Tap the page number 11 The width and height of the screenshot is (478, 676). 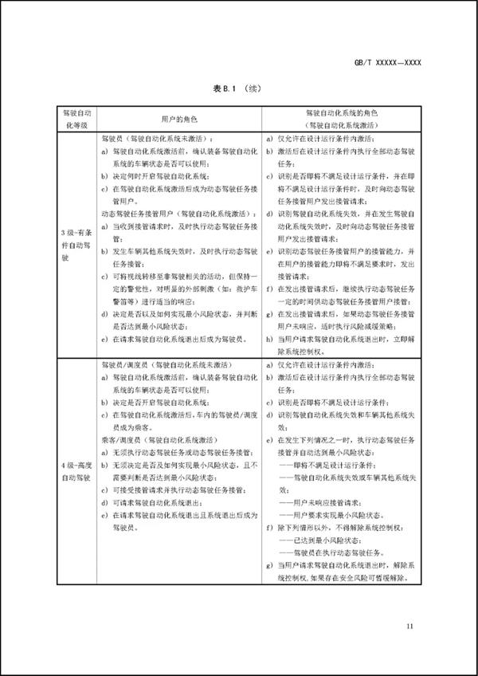coord(410,626)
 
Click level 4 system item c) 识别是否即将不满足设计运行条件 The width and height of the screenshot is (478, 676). coord(337,403)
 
